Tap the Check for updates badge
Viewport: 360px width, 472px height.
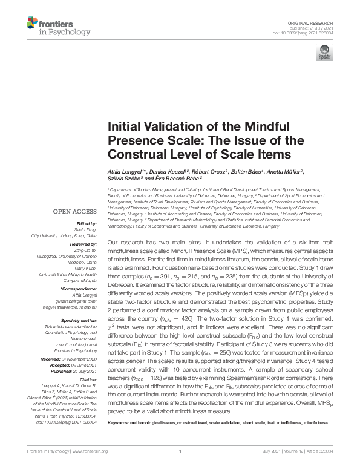(324, 51)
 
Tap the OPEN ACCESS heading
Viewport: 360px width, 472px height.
(74, 212)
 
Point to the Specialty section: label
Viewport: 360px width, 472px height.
(79, 320)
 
